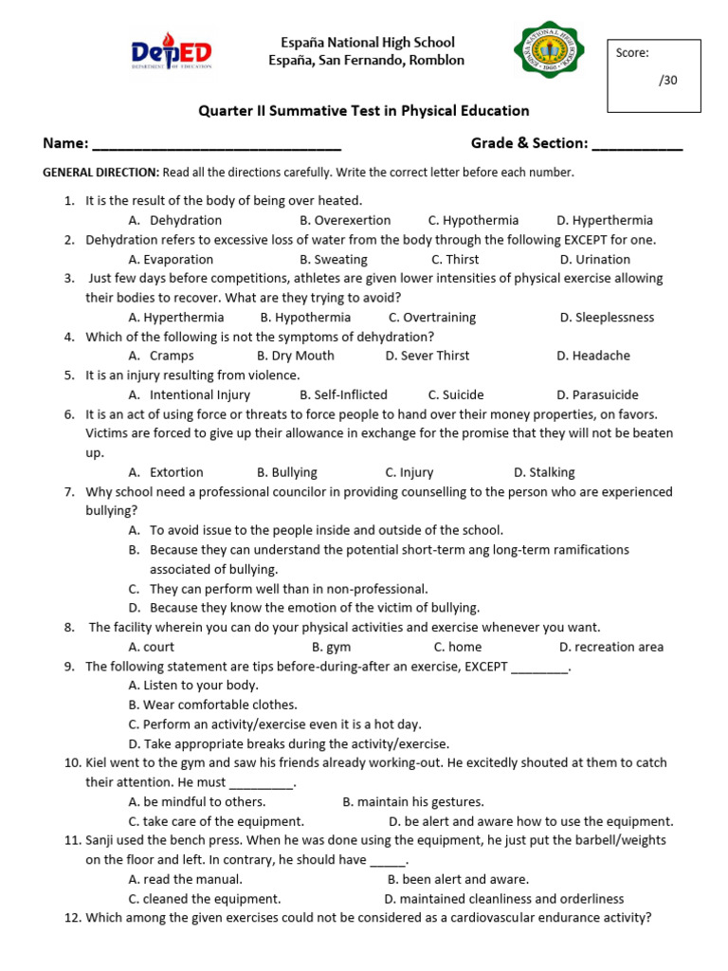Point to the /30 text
tap(668, 81)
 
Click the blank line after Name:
tap(217, 145)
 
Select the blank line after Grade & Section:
tap(637, 145)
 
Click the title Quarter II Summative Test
tap(363, 112)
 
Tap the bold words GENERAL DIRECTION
tap(101, 173)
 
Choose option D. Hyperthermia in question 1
tap(605, 221)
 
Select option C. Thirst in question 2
tap(455, 260)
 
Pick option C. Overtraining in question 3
tap(432, 318)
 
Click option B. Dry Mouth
tap(295, 357)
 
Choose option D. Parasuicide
tap(597, 395)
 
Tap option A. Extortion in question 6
tap(166, 472)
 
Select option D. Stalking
tap(544, 472)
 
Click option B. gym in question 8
tap(325, 648)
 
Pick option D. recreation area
tap(611, 648)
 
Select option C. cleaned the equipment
tap(205, 899)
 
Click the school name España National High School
tap(367, 43)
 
